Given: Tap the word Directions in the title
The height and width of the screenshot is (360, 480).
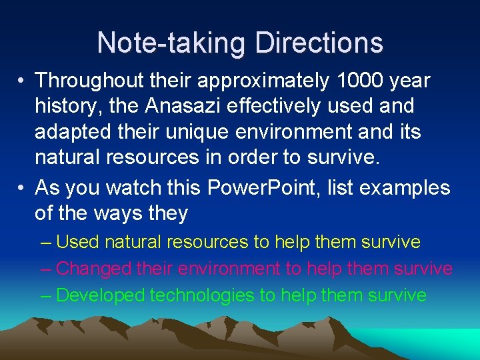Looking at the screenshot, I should (x=319, y=43).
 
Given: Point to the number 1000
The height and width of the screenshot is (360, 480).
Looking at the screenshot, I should (x=361, y=81).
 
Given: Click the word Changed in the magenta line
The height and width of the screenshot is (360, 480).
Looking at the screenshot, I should (x=93, y=269).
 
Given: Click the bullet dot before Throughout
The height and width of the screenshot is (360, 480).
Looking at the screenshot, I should (x=22, y=81).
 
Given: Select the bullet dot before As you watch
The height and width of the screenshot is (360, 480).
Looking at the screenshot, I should (x=22, y=188).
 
